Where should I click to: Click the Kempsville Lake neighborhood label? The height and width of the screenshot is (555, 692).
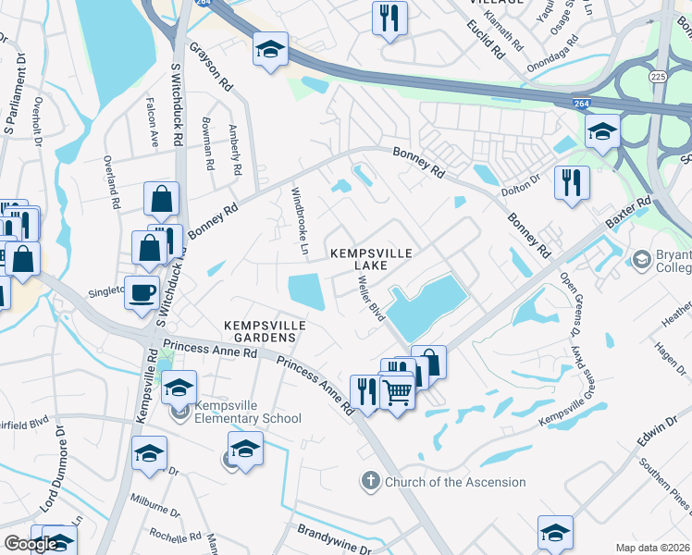point(370,258)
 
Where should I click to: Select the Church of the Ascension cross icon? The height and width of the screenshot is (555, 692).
point(369,481)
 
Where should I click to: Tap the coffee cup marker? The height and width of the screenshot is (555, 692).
point(142,293)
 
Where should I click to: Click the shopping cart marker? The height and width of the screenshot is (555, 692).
point(398,392)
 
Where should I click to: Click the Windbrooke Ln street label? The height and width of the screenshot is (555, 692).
point(299,220)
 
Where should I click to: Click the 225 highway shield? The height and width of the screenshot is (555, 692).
point(658,76)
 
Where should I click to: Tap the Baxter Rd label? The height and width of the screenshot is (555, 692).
point(629,213)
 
